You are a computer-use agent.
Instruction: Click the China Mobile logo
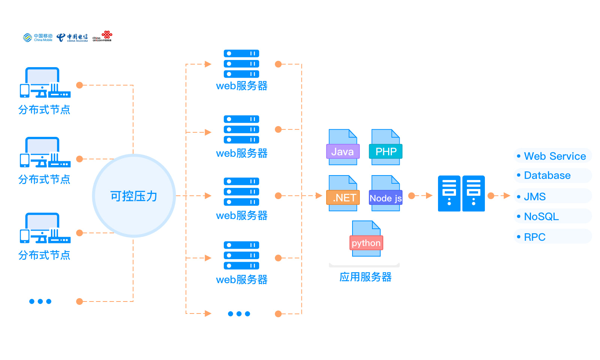pos(37,37)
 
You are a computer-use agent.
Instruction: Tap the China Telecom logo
pos(72,37)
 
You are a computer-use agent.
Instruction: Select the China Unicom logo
pos(102,36)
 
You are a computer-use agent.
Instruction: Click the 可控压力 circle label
pos(133,196)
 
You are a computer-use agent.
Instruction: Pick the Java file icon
pos(343,147)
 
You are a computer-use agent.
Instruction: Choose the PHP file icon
pos(385,147)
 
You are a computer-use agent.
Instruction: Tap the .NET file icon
pos(343,193)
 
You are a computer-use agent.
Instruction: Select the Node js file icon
pos(385,193)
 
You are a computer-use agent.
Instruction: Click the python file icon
pos(366,239)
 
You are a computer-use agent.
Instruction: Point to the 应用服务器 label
pos(365,277)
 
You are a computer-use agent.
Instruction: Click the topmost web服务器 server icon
pos(241,64)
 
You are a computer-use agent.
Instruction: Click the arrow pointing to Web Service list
pos(505,196)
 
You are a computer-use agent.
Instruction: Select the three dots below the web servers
pos(239,314)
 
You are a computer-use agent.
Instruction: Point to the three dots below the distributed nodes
pos(40,301)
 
